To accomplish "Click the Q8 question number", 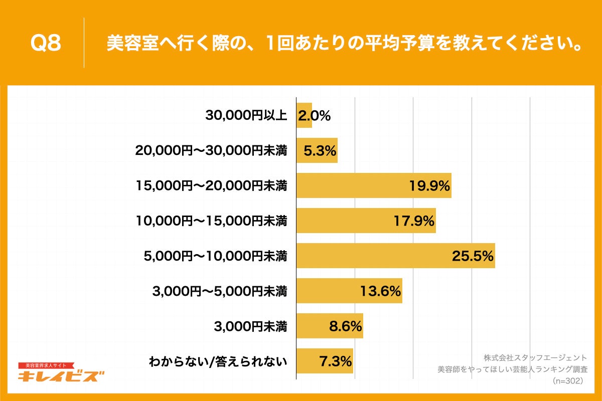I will (46, 44).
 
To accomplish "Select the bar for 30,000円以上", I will (304, 115).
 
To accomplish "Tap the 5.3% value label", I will (319, 151).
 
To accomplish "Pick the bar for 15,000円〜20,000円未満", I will (373, 185).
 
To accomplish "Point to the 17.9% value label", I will (414, 221).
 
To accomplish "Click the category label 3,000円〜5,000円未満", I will (219, 291).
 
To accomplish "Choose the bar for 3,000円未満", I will (329, 326).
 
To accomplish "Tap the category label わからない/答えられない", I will (218, 361).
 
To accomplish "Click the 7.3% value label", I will (335, 361).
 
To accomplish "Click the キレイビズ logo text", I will (61, 376).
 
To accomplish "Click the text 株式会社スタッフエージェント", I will (535, 358).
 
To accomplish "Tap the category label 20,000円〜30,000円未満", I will (211, 151).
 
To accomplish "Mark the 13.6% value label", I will (380, 291).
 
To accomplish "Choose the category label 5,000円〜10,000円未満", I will (215, 256).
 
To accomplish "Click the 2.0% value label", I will (314, 116).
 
